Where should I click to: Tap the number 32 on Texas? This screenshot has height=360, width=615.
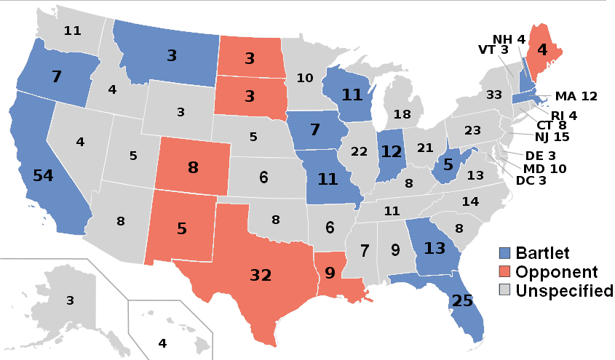point(261,276)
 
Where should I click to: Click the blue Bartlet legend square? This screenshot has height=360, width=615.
point(503,255)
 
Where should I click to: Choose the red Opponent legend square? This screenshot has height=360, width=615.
point(503,273)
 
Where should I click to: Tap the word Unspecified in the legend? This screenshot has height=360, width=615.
point(564,291)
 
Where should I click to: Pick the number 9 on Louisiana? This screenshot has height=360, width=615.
point(329,275)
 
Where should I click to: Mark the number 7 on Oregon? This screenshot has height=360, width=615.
point(56,76)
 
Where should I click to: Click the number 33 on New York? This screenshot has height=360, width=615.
point(494,95)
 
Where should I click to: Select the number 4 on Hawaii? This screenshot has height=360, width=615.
point(162,343)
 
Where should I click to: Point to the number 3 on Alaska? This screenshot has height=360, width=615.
point(70,300)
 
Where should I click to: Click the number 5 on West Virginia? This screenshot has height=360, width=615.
point(448,164)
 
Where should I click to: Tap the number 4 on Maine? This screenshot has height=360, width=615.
point(541,51)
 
